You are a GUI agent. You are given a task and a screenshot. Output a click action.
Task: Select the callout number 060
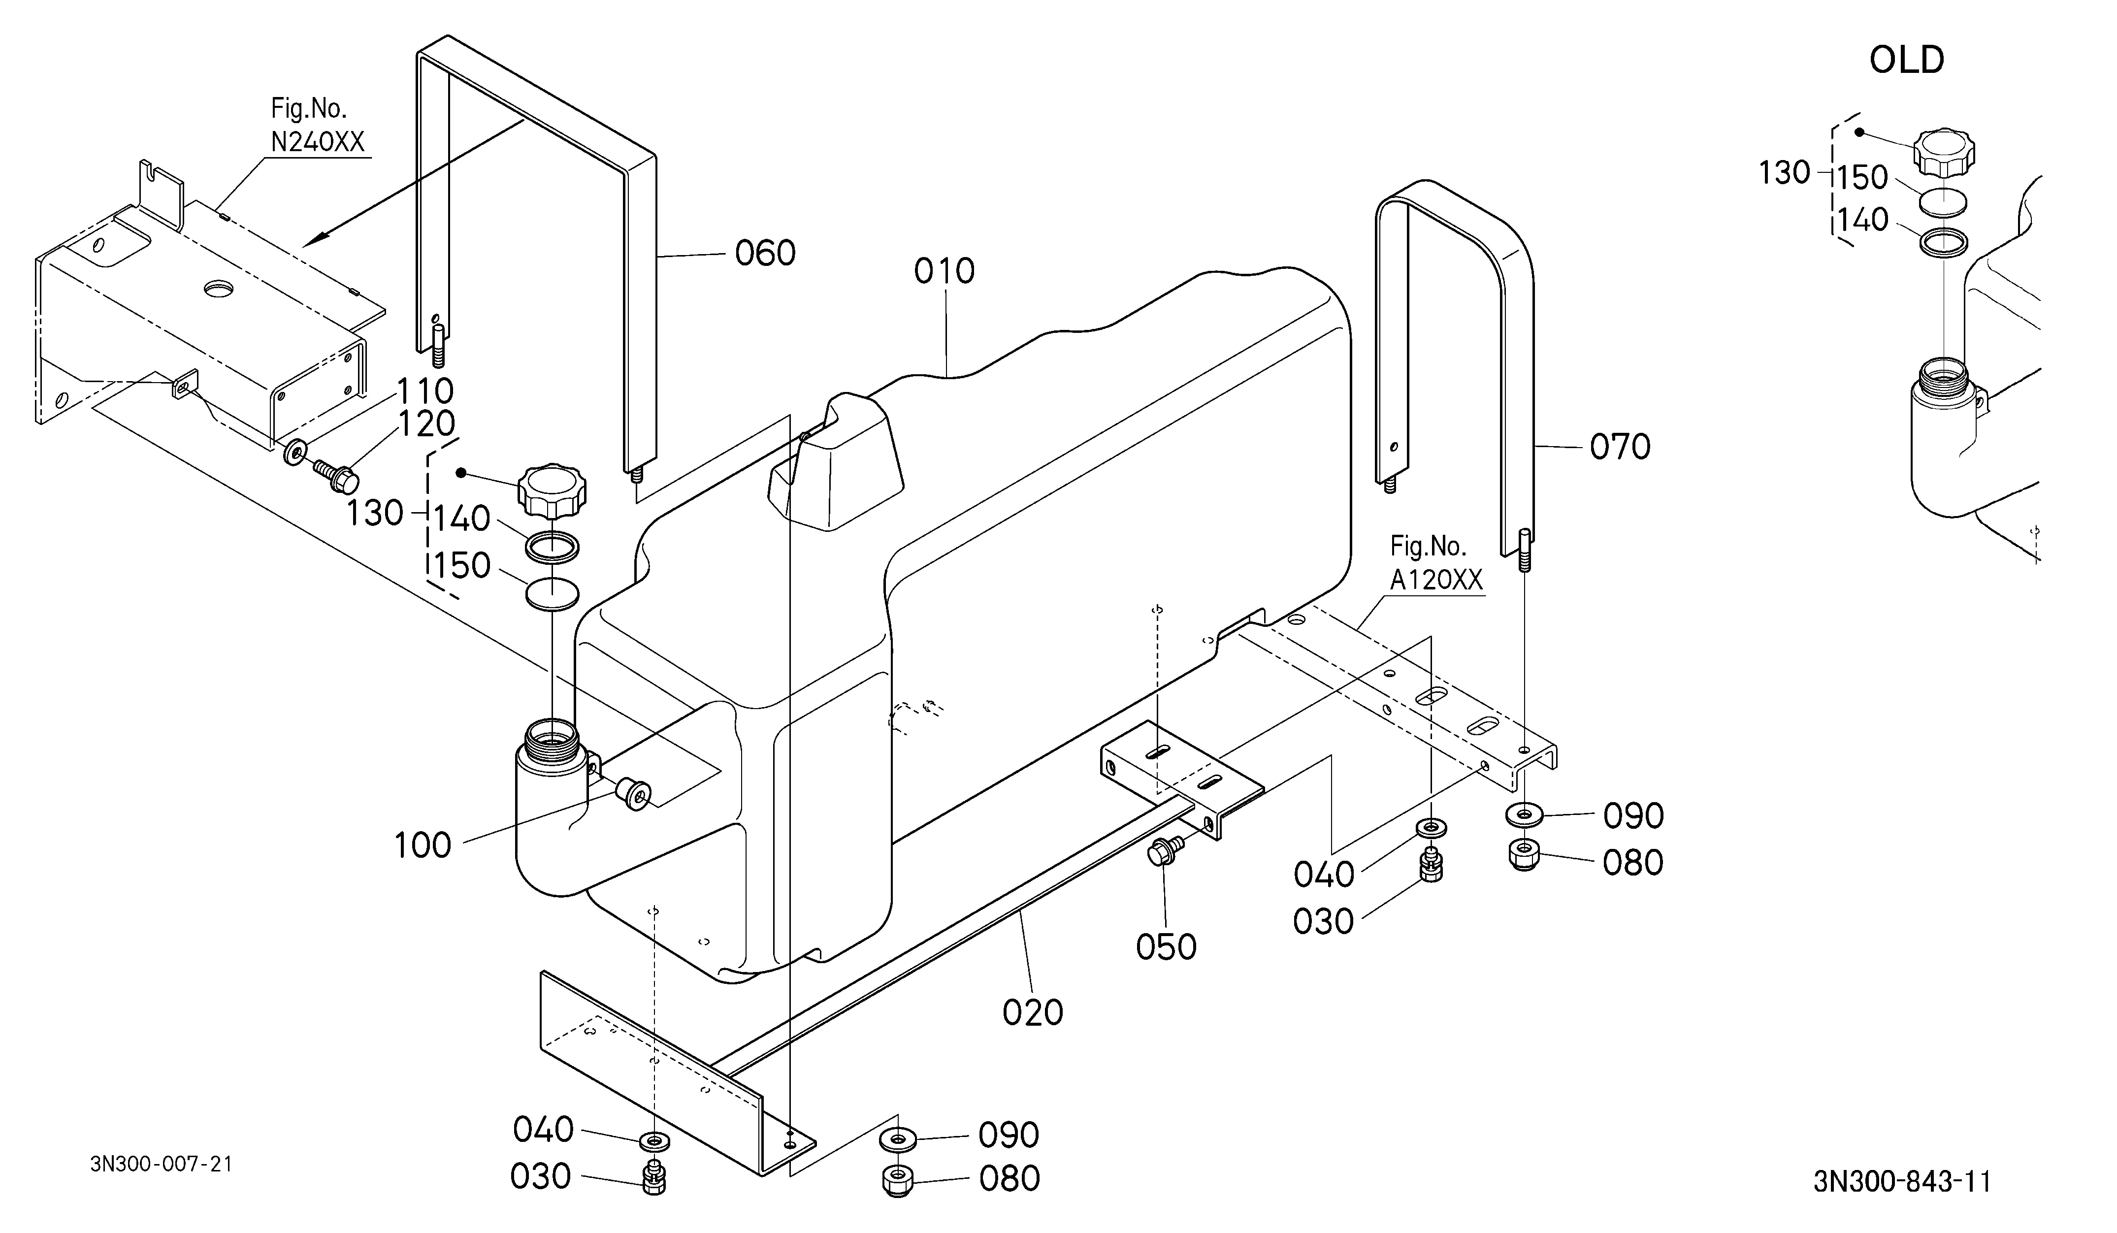[765, 253]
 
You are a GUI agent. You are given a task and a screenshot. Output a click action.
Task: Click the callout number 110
[425, 390]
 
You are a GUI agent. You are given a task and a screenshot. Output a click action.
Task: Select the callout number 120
[426, 424]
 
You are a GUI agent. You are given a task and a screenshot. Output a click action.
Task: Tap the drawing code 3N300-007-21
[162, 1164]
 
